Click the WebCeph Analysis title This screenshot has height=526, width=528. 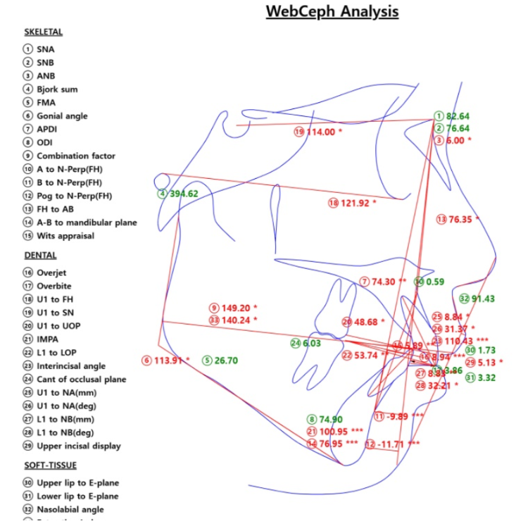(332, 12)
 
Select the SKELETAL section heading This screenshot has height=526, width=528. (43, 32)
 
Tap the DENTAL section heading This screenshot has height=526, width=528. (39, 256)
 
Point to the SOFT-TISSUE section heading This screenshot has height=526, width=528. (50, 465)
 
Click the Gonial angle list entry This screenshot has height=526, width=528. (62, 116)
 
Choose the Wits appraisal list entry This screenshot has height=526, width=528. (65, 236)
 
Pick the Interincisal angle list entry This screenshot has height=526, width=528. (71, 366)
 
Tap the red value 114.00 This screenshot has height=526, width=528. (320, 132)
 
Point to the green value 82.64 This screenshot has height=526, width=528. (458, 116)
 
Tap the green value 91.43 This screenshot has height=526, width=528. (482, 299)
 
